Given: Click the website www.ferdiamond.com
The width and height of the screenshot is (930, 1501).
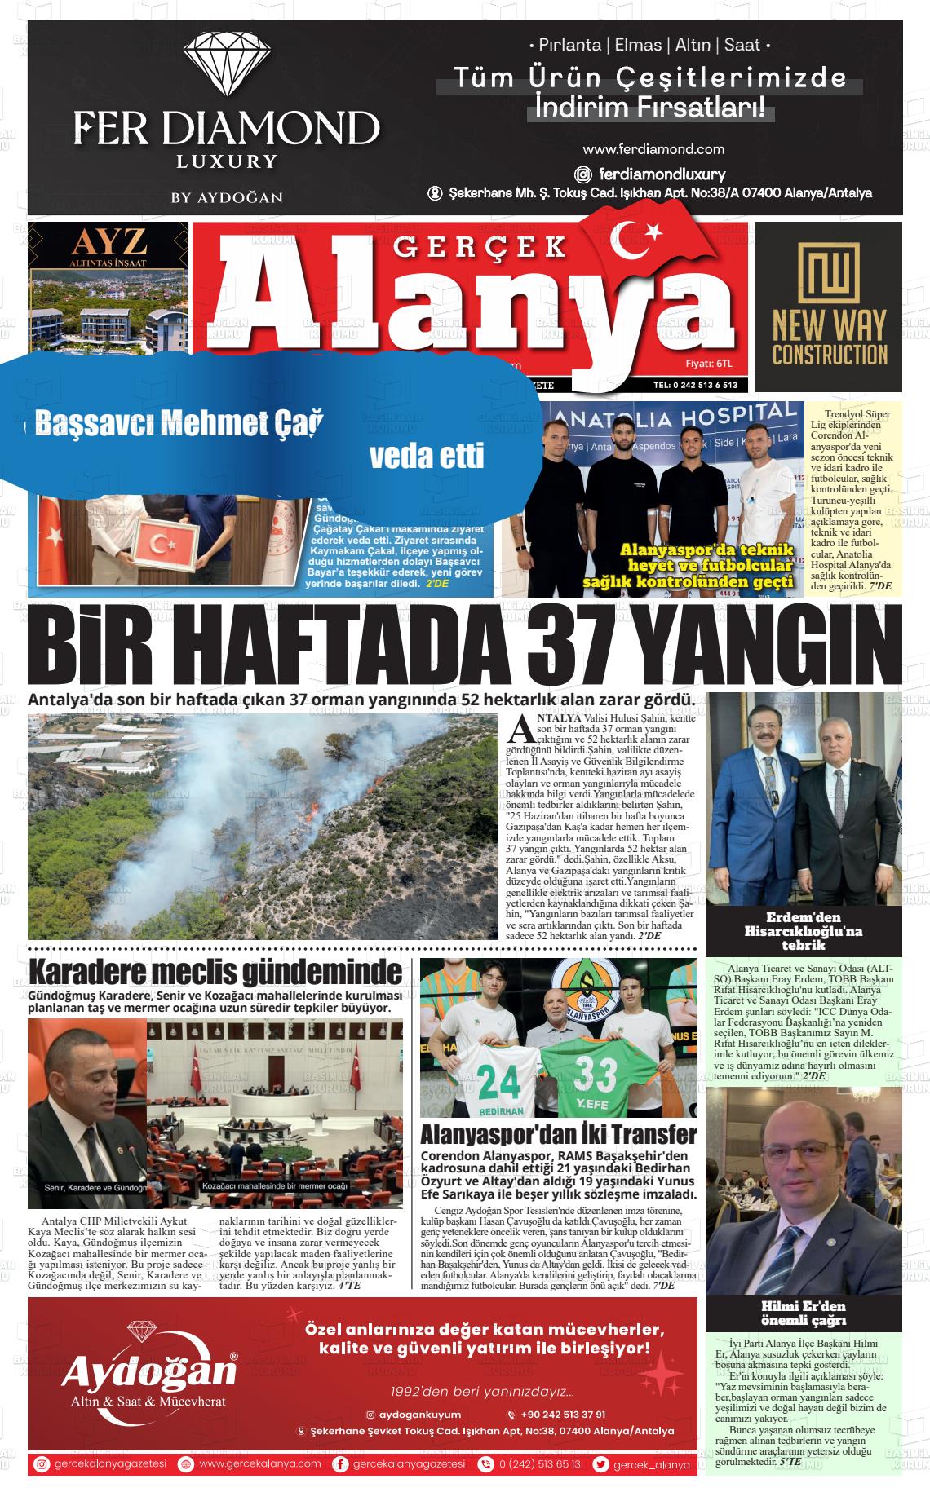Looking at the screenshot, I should point(653,149).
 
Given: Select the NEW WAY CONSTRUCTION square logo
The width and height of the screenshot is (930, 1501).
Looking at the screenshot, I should point(828,274).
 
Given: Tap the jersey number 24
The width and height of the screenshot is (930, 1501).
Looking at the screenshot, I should point(498,1081).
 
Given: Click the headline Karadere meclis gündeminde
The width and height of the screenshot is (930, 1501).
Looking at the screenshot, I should point(215,973).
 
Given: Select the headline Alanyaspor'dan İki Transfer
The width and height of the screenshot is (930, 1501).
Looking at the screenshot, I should point(558,1134).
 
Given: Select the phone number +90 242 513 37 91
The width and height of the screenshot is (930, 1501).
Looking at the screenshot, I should point(563,1415).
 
